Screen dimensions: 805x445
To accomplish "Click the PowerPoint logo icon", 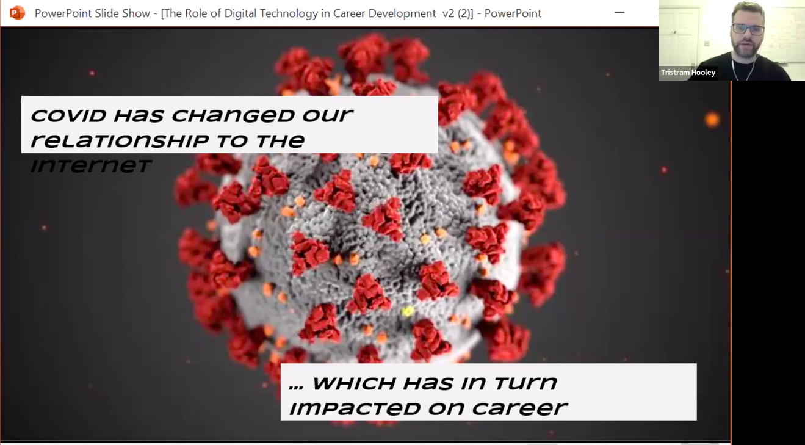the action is coord(17,13).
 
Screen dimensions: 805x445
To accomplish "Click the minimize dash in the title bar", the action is coord(619,13).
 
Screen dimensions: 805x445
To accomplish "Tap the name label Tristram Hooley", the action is coord(688,72).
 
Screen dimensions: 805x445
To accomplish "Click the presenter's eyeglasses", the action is coord(748,29).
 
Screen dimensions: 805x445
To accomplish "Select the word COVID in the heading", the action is coord(68,115).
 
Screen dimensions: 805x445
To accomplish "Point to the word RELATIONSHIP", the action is coord(120,140).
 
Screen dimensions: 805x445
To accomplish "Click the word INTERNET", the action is coord(91,165).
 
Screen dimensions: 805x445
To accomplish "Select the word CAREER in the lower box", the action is coord(519,408).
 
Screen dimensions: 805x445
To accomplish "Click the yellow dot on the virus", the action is coord(407,311).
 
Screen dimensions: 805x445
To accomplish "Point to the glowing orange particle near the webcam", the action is coord(712,120).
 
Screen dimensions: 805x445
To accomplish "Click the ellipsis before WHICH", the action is coord(296,388).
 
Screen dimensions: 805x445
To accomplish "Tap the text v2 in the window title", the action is coord(448,13).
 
